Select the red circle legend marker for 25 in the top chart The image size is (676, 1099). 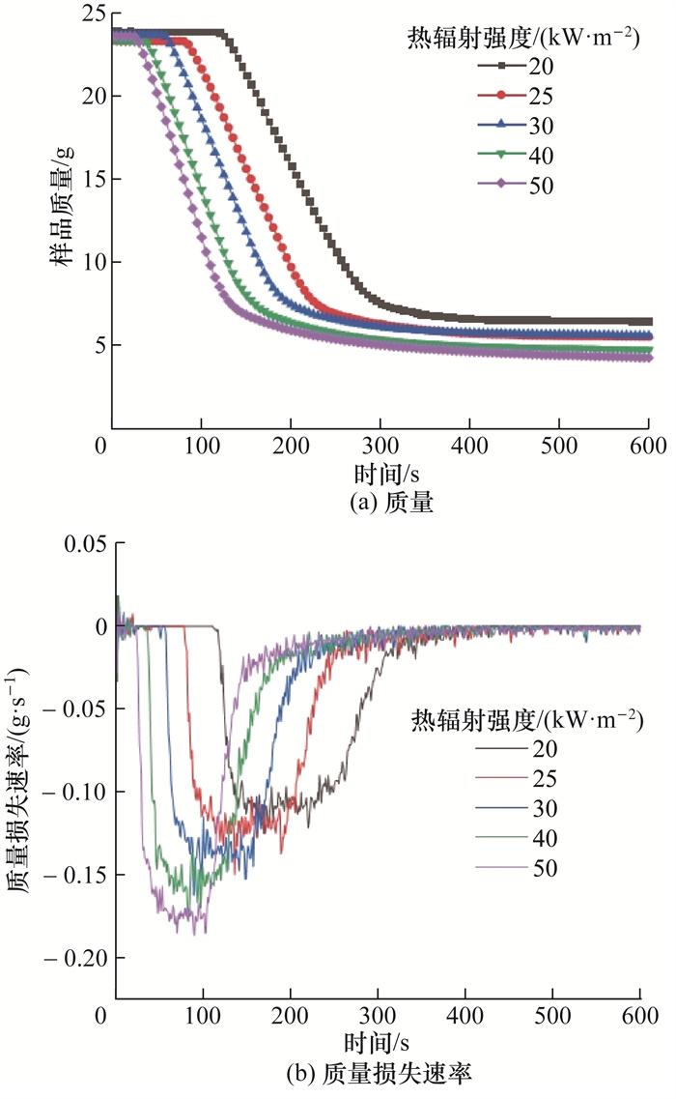tap(503, 95)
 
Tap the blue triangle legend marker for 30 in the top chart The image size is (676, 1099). tap(503, 125)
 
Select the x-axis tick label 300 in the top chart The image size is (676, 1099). tap(380, 447)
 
